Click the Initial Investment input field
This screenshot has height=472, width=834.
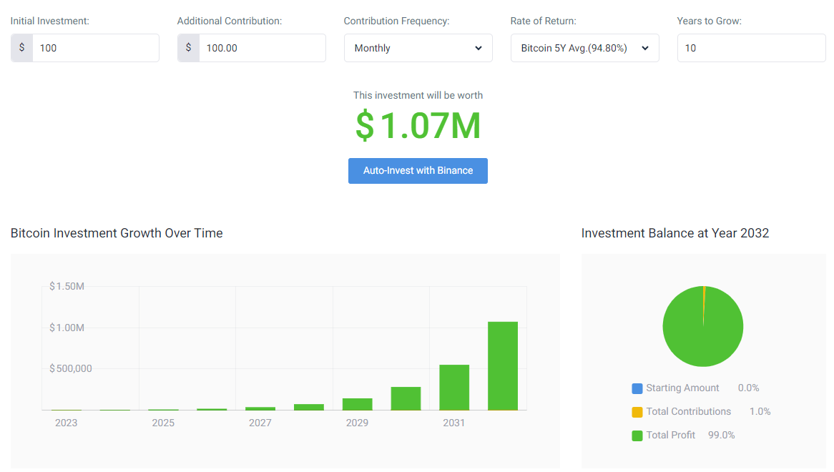coord(96,48)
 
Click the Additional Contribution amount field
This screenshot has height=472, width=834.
coord(263,48)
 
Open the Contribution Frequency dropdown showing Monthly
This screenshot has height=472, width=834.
coord(418,48)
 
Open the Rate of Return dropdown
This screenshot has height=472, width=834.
coord(584,48)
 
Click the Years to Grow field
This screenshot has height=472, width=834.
coord(751,48)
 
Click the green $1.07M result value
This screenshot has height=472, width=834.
coord(418,125)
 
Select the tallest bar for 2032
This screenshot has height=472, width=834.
coord(503,365)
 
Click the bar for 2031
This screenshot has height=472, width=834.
coord(454,388)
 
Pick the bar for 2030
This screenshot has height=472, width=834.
coord(406,398)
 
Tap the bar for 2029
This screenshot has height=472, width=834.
coord(358,404)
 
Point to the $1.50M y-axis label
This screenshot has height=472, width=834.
coord(67,286)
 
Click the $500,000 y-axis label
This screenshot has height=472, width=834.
coord(71,368)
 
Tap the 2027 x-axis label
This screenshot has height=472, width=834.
coord(260,423)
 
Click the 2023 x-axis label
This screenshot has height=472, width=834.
coord(67,423)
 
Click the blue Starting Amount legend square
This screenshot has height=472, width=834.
coord(637,388)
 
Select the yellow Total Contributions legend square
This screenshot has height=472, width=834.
coord(637,412)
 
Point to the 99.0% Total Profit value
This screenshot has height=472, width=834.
coord(721,435)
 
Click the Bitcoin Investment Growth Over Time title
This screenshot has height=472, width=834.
coord(117,233)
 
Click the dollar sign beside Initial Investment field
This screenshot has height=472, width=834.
coord(21,48)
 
